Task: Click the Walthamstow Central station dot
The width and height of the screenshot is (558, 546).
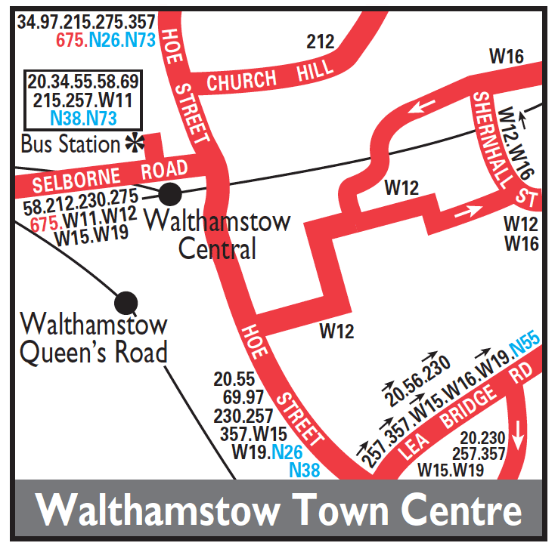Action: pyautogui.click(x=170, y=193)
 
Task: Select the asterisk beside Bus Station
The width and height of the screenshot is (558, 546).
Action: pyautogui.click(x=135, y=142)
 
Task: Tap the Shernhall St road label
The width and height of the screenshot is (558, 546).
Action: pyautogui.click(x=504, y=148)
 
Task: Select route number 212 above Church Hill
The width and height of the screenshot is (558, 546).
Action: pyautogui.click(x=320, y=42)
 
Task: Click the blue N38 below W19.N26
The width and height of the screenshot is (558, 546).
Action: pyautogui.click(x=305, y=470)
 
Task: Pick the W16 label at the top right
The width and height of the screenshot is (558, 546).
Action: pyautogui.click(x=507, y=55)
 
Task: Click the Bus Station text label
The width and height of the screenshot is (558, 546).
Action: pyautogui.click(x=70, y=143)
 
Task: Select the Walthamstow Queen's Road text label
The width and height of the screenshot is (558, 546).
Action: pyautogui.click(x=94, y=340)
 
